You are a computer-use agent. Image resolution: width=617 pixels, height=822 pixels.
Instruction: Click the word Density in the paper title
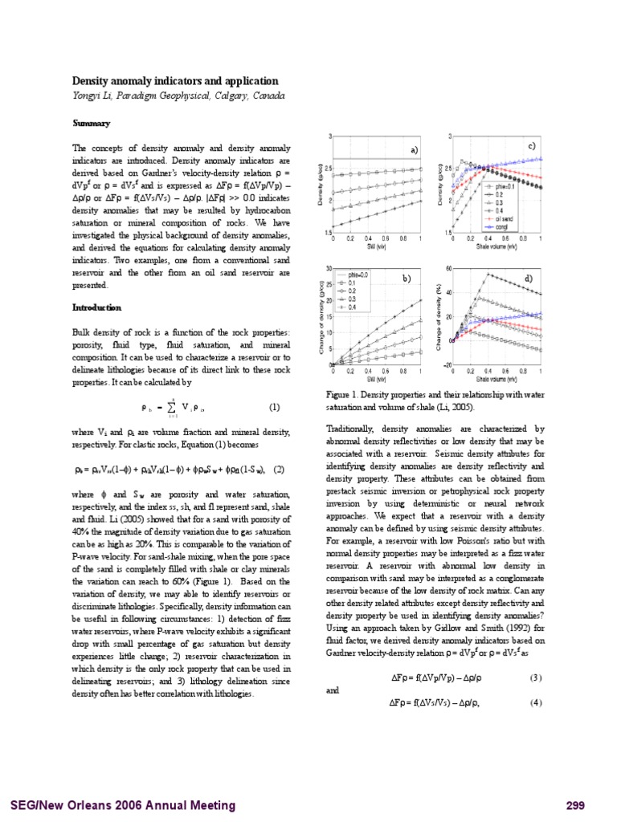pyautogui.click(x=93, y=81)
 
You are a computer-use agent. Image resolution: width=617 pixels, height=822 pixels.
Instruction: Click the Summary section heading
pyautogui.click(x=91, y=123)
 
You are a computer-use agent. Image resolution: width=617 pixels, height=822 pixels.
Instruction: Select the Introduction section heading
pyautogui.click(x=96, y=307)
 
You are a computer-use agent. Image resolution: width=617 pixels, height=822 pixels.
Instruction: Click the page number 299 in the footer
pyautogui.click(x=575, y=805)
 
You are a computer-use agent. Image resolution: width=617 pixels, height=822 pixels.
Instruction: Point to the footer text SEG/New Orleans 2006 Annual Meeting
pyautogui.click(x=122, y=805)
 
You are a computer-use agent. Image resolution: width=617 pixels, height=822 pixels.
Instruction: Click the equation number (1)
pyautogui.click(x=274, y=405)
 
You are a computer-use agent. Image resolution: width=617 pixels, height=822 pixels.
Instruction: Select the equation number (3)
pyautogui.click(x=536, y=678)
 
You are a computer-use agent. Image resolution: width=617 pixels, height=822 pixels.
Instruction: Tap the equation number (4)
pyautogui.click(x=536, y=702)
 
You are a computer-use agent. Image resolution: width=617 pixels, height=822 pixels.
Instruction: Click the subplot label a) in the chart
pyautogui.click(x=415, y=150)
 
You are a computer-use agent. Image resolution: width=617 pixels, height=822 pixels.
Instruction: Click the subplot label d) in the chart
pyautogui.click(x=528, y=278)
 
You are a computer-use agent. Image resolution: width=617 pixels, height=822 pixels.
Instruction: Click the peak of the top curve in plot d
pyautogui.click(x=488, y=275)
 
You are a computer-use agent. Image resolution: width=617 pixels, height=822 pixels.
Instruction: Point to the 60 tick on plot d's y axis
pyautogui.click(x=449, y=268)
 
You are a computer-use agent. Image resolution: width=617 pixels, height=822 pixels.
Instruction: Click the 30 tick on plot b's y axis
pyautogui.click(x=329, y=268)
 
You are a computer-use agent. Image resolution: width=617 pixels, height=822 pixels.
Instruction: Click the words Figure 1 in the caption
pyautogui.click(x=344, y=395)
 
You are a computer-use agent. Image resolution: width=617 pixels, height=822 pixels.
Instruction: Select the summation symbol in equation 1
pyautogui.click(x=172, y=406)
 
